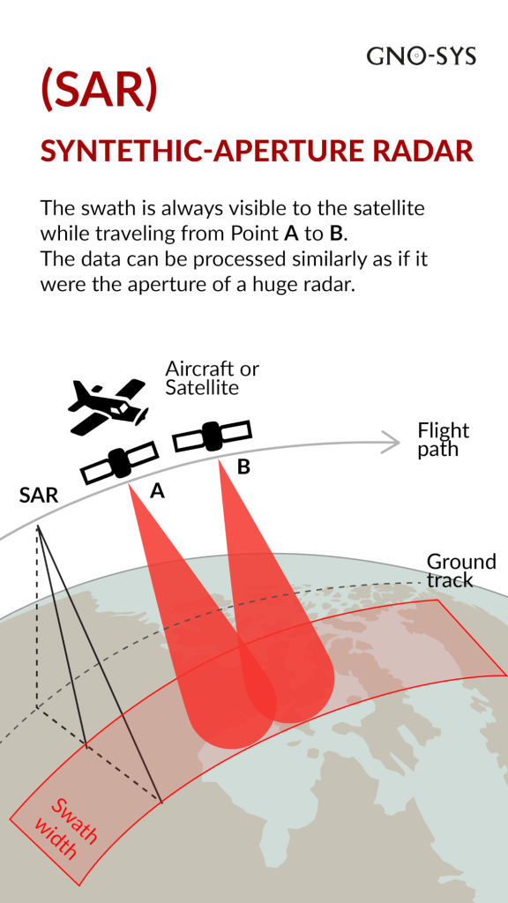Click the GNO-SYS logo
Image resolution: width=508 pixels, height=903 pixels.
(x=421, y=56)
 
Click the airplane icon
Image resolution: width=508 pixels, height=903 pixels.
(x=108, y=407)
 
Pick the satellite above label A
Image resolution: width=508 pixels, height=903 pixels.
(x=119, y=462)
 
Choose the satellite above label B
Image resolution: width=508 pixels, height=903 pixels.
(x=213, y=436)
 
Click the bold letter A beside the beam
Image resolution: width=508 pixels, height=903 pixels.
(x=157, y=490)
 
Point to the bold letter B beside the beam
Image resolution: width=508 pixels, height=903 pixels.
(x=243, y=467)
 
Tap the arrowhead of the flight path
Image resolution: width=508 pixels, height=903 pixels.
(x=392, y=444)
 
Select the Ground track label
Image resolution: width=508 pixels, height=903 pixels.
(x=460, y=571)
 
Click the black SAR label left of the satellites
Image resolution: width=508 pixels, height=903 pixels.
(x=39, y=496)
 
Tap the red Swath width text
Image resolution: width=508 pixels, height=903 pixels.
(x=64, y=828)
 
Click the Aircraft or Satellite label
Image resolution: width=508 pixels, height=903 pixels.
(x=212, y=378)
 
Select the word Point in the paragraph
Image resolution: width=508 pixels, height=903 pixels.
(x=255, y=234)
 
